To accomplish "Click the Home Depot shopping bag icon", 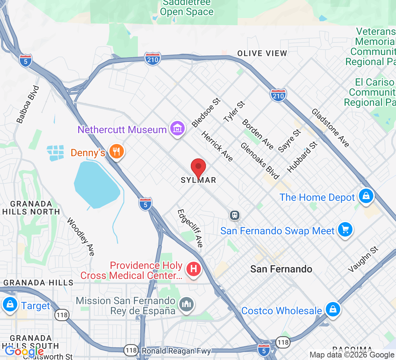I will [x=366, y=196].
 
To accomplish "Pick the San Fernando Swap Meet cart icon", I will [x=345, y=229].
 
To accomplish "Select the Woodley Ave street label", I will [x=81, y=237].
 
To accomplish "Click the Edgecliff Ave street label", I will [x=190, y=228].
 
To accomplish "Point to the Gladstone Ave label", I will [x=330, y=128].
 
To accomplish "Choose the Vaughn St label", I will [x=363, y=259].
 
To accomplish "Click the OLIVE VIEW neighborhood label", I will [x=262, y=54].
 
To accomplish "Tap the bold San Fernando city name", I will [x=281, y=269].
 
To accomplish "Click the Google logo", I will [x=24, y=351].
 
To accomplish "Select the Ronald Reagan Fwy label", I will [x=176, y=351].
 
